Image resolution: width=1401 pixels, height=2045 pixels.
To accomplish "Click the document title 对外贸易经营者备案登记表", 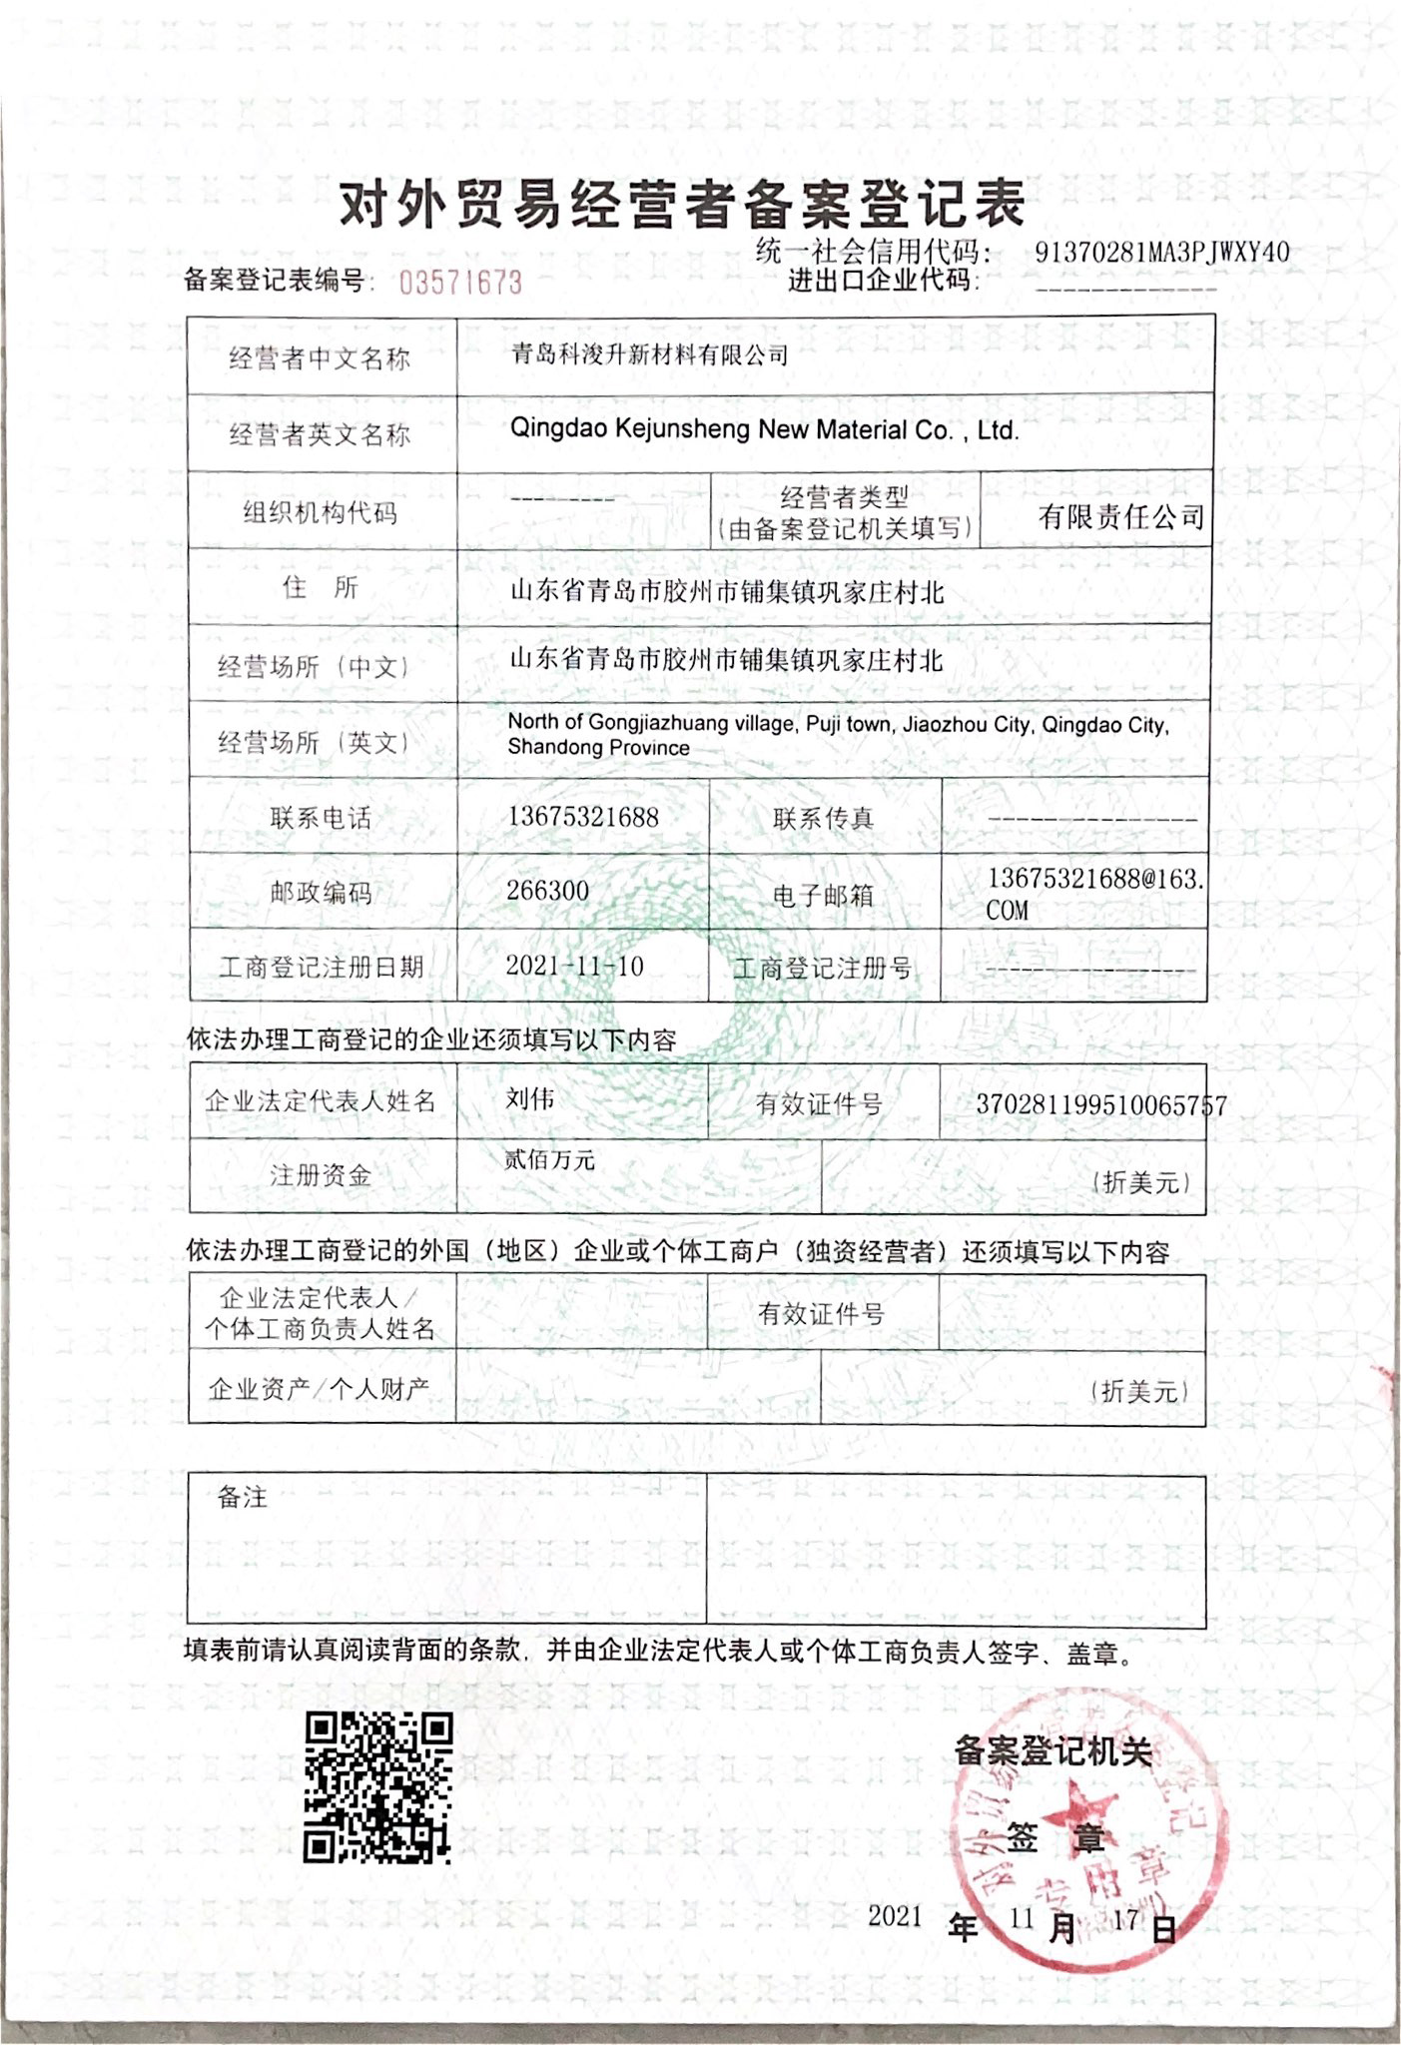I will (683, 206).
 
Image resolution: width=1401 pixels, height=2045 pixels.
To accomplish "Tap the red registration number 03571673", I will (460, 283).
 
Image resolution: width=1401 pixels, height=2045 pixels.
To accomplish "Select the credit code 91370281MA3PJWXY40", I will (1162, 252).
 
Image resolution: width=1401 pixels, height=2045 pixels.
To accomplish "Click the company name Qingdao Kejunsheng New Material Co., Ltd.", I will (764, 430).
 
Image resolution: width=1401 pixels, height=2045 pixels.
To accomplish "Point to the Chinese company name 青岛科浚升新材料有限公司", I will (650, 354).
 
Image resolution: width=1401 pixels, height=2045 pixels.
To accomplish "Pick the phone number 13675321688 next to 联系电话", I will (583, 817).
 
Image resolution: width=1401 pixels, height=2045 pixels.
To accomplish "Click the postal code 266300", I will (547, 891).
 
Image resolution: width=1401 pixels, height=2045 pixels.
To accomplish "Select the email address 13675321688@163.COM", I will (1094, 893).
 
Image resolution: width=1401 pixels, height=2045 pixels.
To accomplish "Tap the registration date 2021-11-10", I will (574, 966).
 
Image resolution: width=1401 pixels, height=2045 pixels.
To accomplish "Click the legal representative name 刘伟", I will (530, 1098).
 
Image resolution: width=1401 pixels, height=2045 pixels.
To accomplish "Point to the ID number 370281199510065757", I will (1101, 1104).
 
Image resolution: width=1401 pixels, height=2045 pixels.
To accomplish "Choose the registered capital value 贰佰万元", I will (549, 1159).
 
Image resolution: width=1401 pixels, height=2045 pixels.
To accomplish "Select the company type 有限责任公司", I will (1120, 516).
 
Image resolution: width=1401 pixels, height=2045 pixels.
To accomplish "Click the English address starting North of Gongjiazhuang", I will (837, 735).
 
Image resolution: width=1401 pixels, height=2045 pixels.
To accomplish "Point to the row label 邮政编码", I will (321, 892).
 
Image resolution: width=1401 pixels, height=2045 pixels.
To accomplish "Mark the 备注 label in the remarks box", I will (243, 1497).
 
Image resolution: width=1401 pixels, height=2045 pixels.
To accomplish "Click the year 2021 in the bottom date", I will (895, 1914).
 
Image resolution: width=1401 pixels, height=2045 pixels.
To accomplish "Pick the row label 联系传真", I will (823, 819).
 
